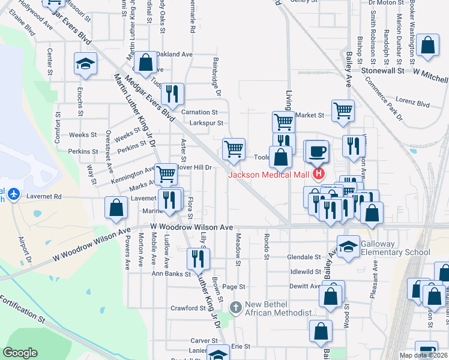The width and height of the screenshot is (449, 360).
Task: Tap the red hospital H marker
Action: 318,175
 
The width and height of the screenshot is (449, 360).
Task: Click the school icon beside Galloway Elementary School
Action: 348,247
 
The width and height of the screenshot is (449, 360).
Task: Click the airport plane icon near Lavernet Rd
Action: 14,195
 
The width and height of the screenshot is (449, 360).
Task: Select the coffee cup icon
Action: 316,151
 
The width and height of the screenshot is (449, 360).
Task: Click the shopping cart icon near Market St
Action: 343,110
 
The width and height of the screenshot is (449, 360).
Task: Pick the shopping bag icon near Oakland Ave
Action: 145,61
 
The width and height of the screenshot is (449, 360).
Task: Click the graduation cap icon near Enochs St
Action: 86,63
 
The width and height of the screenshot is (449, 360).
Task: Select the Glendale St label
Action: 304,256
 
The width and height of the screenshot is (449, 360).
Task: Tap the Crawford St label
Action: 187,308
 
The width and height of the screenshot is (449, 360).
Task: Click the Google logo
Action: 20,352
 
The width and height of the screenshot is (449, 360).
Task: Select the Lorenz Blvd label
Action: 413,103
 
